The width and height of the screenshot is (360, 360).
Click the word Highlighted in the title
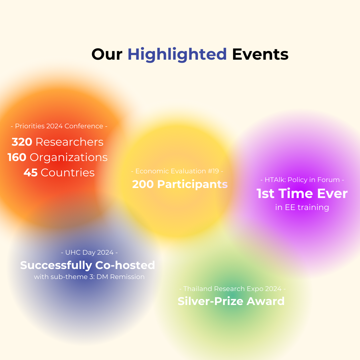coord(177,55)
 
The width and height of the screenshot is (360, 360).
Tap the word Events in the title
coord(260,54)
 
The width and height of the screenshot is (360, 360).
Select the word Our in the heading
coord(107,55)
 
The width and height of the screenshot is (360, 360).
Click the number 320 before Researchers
coord(22,142)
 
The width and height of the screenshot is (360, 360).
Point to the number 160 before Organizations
coord(17,157)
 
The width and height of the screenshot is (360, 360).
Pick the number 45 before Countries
coord(31,173)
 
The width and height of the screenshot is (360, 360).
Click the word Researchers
coord(70,142)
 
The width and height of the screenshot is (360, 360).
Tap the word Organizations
coord(69,158)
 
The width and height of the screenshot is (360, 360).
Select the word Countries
coord(68,173)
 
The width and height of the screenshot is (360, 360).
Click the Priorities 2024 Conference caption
coord(59,126)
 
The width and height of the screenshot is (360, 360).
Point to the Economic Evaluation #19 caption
coord(177,171)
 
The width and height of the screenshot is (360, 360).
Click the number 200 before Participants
coord(143,184)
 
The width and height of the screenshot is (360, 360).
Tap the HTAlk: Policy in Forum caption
coord(302,180)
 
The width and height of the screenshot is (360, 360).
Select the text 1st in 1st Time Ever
coord(265,194)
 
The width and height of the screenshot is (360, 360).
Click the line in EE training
coord(302,207)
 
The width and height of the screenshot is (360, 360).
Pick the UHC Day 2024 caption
coord(89,252)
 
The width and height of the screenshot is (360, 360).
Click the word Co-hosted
coord(125,265)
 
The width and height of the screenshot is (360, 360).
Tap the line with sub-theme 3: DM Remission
coord(89,277)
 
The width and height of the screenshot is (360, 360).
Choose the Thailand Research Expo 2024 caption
coord(232,289)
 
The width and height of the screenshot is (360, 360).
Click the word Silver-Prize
coord(210,301)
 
